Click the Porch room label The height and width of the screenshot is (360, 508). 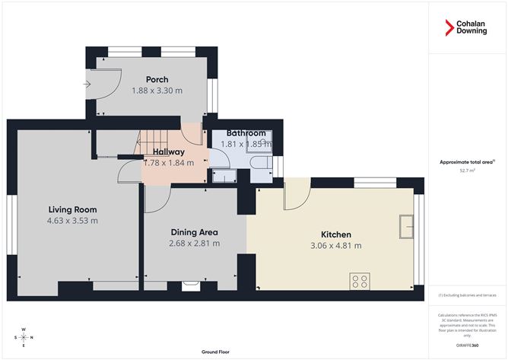point(157,79)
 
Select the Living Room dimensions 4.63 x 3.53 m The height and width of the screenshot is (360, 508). point(72,221)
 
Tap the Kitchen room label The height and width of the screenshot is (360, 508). point(335,234)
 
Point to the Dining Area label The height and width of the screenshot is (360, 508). point(193,232)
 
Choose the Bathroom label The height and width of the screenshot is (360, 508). point(246,133)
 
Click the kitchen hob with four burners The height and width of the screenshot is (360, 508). point(360,281)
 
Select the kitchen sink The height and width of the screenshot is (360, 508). point(405,226)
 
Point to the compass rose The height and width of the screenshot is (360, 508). point(24,336)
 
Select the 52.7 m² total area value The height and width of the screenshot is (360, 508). point(467,171)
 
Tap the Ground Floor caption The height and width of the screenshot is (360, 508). point(216,352)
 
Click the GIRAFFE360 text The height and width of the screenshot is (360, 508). point(467,345)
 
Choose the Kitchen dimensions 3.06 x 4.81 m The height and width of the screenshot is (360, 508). point(335,246)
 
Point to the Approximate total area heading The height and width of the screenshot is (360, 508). point(465,161)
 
